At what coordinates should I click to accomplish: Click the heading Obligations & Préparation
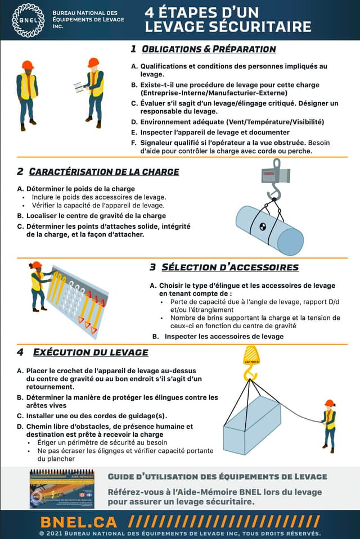(x=208, y=49)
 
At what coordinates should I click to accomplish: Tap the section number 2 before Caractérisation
(x=20, y=171)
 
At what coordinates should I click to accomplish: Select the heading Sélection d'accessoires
(x=229, y=267)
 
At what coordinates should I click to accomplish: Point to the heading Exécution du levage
(x=90, y=352)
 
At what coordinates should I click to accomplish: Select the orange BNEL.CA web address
(x=79, y=520)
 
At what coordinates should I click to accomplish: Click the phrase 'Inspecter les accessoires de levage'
(x=224, y=336)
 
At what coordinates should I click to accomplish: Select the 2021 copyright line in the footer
(x=180, y=533)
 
